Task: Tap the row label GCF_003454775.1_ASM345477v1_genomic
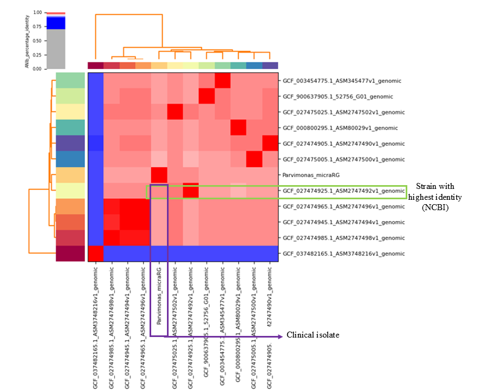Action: [342, 81]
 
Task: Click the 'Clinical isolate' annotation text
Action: [313, 335]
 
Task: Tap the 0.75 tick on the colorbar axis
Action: [37, 27]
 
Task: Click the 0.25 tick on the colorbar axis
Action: [37, 55]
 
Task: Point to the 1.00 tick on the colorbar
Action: [37, 12]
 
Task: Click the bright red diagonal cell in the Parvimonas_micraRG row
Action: [159, 175]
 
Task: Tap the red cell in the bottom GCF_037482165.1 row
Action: [96, 254]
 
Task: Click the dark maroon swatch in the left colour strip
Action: [71, 254]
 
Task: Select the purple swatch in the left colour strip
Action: [71, 144]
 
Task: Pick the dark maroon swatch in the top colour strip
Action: [96, 66]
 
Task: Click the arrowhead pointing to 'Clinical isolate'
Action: [280, 335]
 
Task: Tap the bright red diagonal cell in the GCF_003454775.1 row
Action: [222, 81]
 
